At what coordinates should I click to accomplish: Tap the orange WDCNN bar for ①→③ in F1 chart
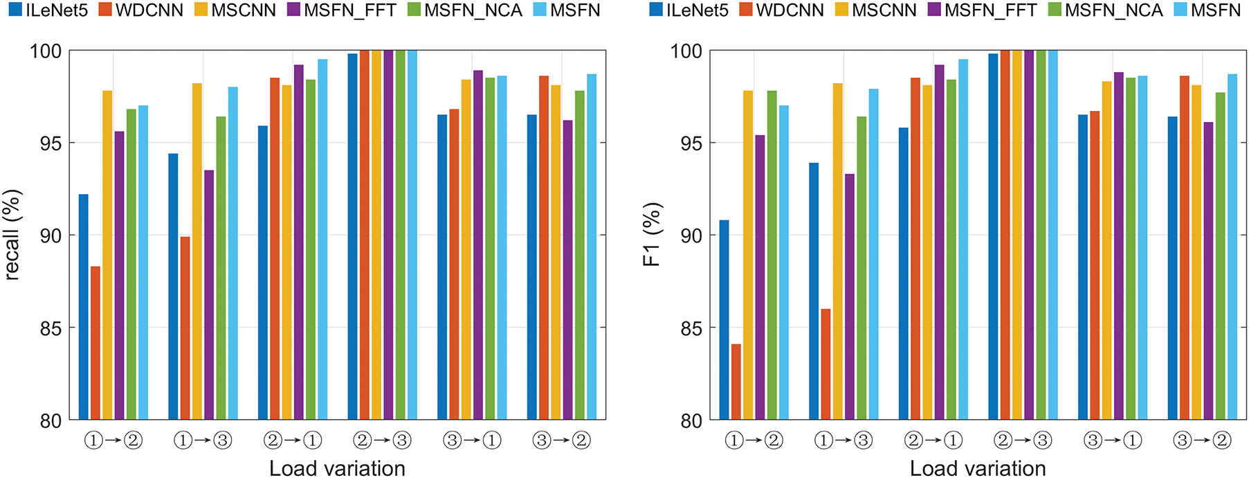tap(826, 364)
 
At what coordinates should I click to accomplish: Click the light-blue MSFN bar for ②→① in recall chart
tap(322, 240)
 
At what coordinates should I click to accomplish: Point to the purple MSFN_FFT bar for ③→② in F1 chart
tap(1208, 271)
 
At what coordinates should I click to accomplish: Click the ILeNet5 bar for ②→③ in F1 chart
tap(994, 236)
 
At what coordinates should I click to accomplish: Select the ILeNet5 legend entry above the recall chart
tap(48, 10)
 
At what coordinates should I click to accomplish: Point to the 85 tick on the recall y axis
tap(51, 328)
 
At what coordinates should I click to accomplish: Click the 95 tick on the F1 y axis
tap(691, 143)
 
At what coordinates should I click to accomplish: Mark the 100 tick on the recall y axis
tap(46, 51)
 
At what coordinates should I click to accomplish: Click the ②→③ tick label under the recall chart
tap(382, 440)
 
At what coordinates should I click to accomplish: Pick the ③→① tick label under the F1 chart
tap(1113, 440)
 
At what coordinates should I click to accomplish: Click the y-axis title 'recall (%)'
tap(12, 236)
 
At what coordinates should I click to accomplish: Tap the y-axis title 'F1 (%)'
tap(653, 236)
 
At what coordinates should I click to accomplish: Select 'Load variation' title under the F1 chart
tap(978, 468)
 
